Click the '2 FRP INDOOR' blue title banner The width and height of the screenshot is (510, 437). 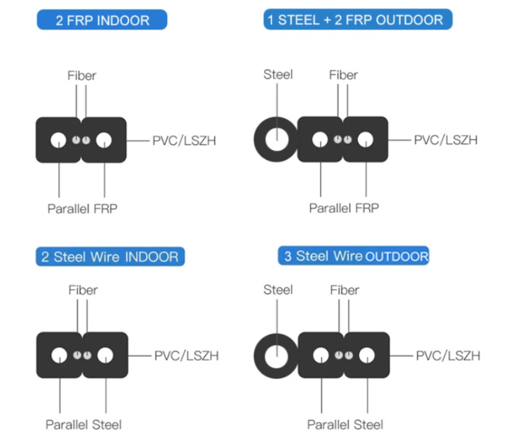point(102,20)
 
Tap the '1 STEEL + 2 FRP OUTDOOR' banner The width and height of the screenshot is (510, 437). point(358,19)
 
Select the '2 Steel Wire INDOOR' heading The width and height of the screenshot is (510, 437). point(110,256)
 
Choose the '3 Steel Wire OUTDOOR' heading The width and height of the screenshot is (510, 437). point(353,256)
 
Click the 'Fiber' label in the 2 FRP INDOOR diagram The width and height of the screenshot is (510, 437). point(82,76)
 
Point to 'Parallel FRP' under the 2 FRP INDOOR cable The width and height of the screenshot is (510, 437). point(83,208)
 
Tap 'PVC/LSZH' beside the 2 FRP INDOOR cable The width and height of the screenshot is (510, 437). point(184,140)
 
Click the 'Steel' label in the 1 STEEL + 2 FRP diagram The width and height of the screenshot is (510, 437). point(278,74)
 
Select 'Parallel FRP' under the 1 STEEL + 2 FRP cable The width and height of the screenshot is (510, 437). point(344,208)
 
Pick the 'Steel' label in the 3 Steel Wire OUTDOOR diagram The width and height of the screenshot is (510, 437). point(278,290)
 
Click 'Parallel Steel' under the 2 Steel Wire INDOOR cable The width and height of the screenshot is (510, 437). point(83,424)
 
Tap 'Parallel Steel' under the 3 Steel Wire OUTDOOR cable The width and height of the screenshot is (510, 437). point(345,424)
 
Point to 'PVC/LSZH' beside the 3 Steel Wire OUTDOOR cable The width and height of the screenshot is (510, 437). point(448,355)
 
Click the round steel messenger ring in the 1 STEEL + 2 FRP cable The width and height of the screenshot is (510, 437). point(259,140)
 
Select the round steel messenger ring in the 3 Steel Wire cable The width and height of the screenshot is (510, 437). point(259,355)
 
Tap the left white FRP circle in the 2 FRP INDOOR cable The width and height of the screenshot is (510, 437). point(59,140)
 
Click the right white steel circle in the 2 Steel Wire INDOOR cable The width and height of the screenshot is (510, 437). point(106,355)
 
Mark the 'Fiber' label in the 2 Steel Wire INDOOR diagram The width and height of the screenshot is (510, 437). point(83,290)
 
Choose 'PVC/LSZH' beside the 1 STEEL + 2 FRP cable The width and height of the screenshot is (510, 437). point(445,140)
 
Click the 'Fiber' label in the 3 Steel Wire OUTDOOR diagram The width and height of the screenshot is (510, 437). point(344,290)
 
